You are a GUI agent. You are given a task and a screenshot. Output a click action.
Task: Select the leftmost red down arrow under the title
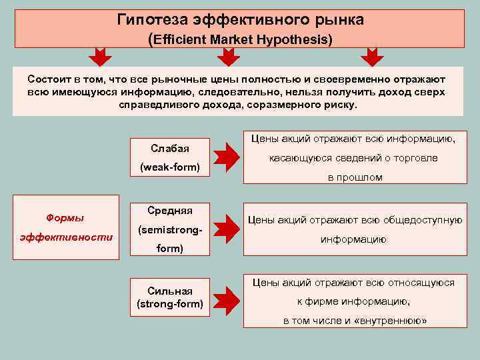click(101, 57)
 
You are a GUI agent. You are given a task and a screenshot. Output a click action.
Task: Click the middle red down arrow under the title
click(229, 57)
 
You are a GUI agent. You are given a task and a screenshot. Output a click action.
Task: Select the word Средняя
click(170, 211)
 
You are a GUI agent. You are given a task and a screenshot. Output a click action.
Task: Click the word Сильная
click(170, 291)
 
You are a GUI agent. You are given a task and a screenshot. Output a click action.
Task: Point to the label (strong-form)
click(170, 305)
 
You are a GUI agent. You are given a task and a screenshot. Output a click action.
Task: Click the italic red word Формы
click(65, 217)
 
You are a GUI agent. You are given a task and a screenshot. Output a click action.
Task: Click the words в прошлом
click(355, 177)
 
